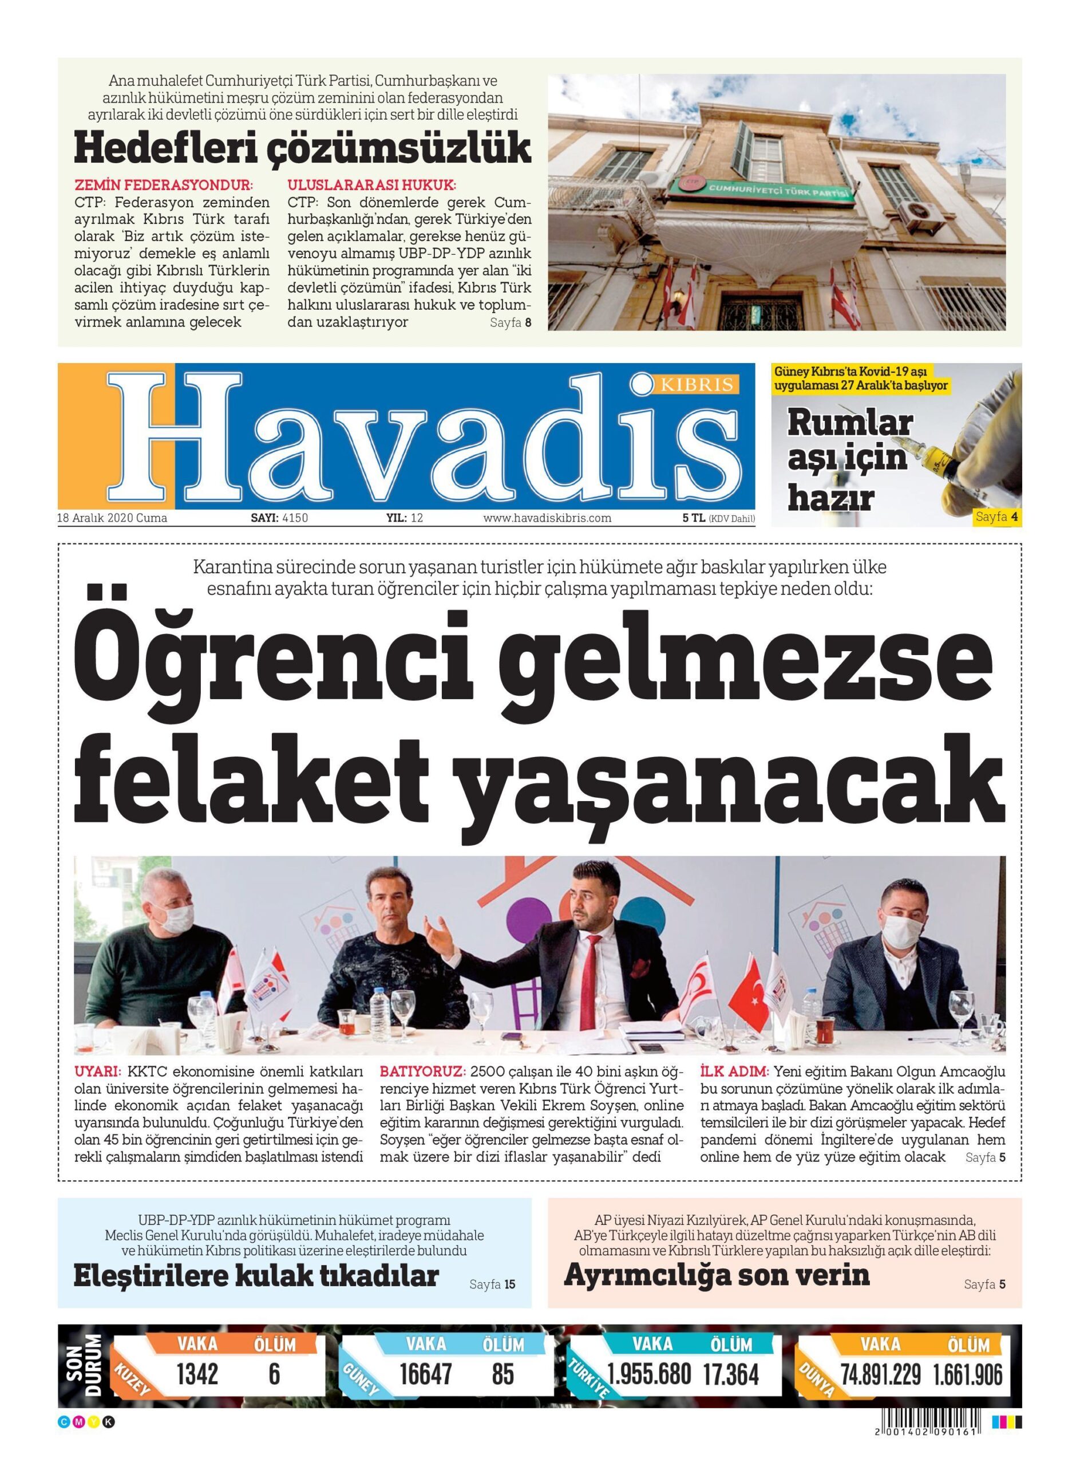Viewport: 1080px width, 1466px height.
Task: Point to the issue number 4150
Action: (295, 518)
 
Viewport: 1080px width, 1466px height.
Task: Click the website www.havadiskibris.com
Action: (547, 518)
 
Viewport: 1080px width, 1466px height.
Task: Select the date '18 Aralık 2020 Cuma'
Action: (112, 518)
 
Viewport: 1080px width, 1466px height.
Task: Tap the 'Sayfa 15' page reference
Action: (492, 1284)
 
